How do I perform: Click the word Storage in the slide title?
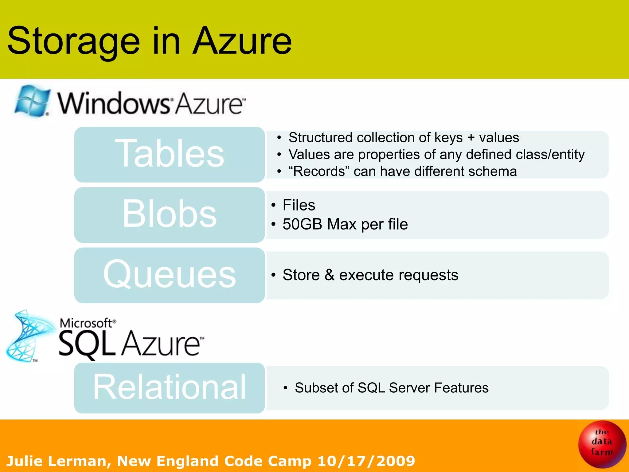click(x=74, y=41)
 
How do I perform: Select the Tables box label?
click(x=170, y=154)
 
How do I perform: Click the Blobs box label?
click(x=170, y=214)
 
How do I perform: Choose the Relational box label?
click(x=170, y=387)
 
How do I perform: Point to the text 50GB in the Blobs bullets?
click(x=302, y=224)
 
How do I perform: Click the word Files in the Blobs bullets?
click(x=299, y=205)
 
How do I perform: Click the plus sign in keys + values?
click(x=471, y=138)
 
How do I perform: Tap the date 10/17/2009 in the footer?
click(x=366, y=461)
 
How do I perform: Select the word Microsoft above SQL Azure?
click(x=86, y=323)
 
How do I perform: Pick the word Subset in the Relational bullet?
click(x=316, y=388)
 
